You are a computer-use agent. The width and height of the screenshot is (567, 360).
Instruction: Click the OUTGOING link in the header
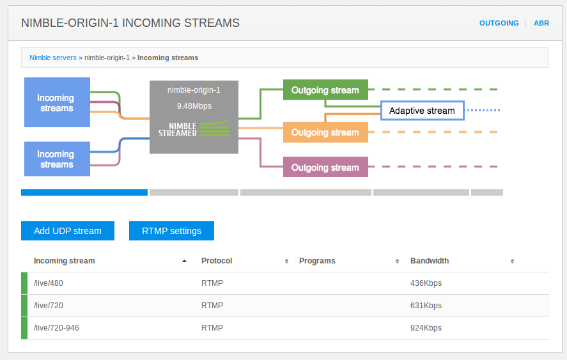499,23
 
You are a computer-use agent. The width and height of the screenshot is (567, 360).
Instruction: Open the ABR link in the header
541,23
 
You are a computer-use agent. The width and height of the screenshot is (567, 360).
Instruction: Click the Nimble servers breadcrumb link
53,58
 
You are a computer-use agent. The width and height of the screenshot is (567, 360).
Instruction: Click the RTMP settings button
171,231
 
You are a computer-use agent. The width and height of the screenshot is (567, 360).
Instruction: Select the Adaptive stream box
423,111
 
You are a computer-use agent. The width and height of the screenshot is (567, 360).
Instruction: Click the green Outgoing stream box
325,90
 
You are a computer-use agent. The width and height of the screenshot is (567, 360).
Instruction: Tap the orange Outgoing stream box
325,132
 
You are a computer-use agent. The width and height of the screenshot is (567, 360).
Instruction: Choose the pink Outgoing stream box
325,167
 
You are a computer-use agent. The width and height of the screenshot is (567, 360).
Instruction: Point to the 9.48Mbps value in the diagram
194,106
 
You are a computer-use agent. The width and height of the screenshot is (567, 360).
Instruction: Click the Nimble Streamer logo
194,129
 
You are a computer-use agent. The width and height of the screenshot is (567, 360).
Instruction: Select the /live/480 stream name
49,283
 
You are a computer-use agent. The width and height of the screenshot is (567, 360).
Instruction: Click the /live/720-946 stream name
56,328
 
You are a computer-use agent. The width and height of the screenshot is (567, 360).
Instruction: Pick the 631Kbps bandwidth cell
426,306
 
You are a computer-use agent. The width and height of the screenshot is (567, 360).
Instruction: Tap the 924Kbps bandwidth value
426,328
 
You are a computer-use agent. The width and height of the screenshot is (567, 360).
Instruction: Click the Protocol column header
217,261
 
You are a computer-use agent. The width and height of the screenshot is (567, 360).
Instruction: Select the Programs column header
317,261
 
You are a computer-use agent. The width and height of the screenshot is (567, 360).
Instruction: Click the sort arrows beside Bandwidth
513,262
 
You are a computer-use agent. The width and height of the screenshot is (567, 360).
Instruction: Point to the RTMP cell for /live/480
212,283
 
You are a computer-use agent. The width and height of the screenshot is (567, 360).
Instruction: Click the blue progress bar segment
84,192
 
